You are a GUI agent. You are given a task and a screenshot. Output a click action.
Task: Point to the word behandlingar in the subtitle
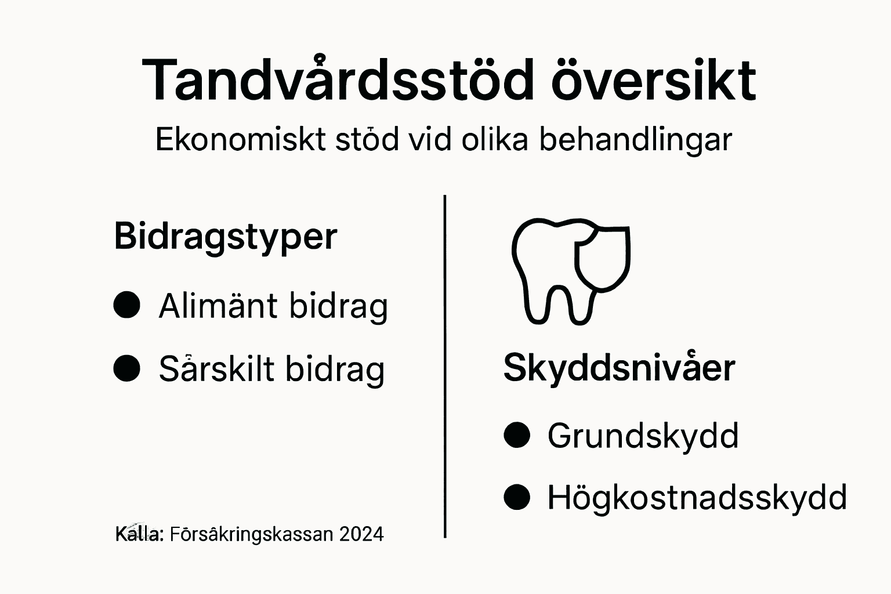pyautogui.click(x=636, y=140)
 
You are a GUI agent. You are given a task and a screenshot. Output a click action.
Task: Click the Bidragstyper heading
pyautogui.click(x=226, y=236)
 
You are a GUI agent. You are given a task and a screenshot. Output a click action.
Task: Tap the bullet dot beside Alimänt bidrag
pyautogui.click(x=127, y=305)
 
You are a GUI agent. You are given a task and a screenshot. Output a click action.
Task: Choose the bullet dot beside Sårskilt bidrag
pyautogui.click(x=127, y=368)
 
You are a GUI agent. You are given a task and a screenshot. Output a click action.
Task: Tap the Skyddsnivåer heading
pyautogui.click(x=619, y=367)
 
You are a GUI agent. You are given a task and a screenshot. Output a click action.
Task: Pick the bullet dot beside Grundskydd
pyautogui.click(x=517, y=435)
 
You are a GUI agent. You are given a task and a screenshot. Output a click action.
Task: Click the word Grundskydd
pyautogui.click(x=643, y=436)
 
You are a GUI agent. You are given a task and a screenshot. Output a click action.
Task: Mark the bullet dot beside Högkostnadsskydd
pyautogui.click(x=517, y=497)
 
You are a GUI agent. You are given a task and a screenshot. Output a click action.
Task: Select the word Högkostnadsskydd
pyautogui.click(x=697, y=498)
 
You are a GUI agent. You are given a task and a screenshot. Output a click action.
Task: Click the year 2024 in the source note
pyautogui.click(x=361, y=534)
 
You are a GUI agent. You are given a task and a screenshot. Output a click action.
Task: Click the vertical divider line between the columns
pyautogui.click(x=445, y=365)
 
